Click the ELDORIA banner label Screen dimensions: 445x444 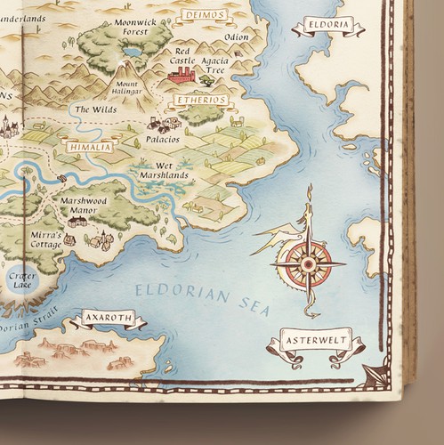(328, 24)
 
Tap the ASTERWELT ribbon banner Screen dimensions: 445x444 (315, 341)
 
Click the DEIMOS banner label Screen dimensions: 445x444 (199, 16)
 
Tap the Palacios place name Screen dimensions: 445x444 (164, 140)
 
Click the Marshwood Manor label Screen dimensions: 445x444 (84, 206)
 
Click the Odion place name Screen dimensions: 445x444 (237, 37)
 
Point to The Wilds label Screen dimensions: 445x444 (94, 110)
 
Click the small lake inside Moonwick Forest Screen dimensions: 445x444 (132, 53)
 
